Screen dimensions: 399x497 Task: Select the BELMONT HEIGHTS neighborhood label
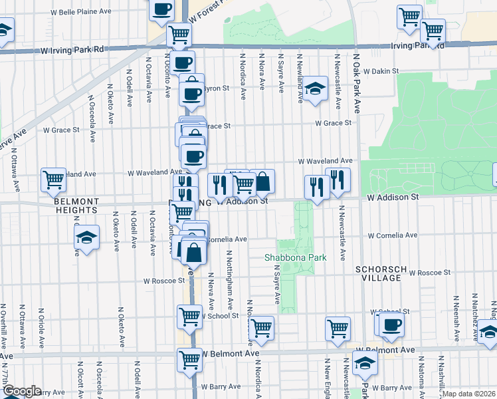(x=76, y=205)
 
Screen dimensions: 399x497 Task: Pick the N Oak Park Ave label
(x=357, y=83)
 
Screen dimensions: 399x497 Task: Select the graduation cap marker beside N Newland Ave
(x=314, y=88)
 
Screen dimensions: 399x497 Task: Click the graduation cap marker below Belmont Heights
(x=86, y=237)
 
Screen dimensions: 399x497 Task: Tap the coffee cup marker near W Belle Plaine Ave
(x=162, y=10)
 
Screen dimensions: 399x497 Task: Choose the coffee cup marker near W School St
(x=391, y=324)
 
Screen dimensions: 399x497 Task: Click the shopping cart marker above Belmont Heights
(x=53, y=179)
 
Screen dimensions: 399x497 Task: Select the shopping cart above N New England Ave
(x=338, y=327)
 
